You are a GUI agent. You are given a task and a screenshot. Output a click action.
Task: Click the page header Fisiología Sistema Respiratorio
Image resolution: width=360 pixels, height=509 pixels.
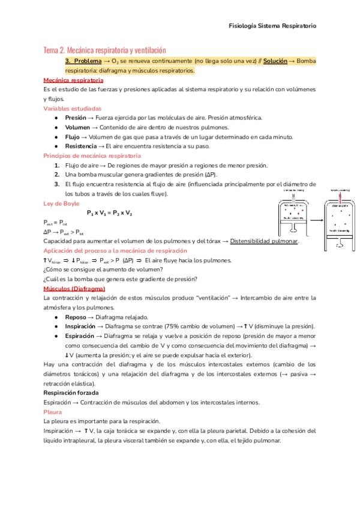pyautogui.click(x=273, y=26)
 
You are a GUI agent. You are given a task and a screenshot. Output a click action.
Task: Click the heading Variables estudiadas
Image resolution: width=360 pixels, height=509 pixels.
pyautogui.click(x=73, y=109)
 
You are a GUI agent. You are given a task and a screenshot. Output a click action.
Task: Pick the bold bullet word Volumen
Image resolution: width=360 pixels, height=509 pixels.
pyautogui.click(x=77, y=127)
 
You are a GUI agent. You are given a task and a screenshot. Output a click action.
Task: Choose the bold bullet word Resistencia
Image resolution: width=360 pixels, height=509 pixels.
pyautogui.click(x=80, y=146)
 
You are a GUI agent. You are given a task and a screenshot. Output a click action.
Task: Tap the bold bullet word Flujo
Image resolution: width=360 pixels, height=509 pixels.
pyautogui.click(x=72, y=137)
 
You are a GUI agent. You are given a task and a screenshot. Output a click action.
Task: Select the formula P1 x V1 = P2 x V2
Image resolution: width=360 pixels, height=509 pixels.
pyautogui.click(x=110, y=212)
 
